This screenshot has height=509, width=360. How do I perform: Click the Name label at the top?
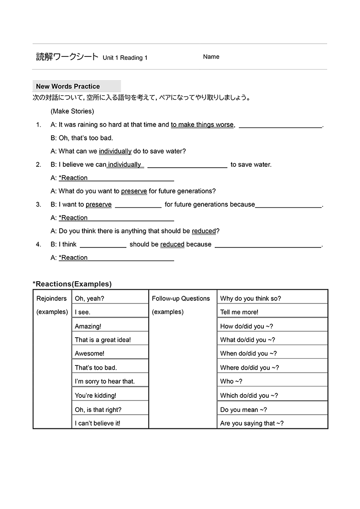[x=211, y=57]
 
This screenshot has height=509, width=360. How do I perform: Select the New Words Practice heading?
[x=68, y=86]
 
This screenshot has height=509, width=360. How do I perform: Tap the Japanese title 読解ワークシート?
[x=67, y=57]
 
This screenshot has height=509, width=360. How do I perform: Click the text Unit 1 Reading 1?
[x=125, y=58]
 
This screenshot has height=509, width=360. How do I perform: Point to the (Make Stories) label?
[x=72, y=111]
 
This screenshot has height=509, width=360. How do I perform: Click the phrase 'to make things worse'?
[x=202, y=125]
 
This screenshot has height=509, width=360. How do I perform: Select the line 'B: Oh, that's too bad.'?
[x=82, y=138]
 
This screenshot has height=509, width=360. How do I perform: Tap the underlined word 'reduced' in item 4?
[x=172, y=245]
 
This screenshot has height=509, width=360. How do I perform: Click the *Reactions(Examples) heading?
[x=72, y=284]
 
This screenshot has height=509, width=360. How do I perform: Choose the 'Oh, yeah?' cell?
[x=90, y=298]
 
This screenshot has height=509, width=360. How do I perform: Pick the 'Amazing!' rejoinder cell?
[x=88, y=326]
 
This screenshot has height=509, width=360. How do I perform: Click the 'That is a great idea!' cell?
[x=103, y=340]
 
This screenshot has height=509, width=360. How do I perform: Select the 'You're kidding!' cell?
[x=95, y=396]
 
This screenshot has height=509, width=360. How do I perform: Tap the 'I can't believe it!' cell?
[x=98, y=423]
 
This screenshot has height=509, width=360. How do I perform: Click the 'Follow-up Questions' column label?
[x=181, y=298]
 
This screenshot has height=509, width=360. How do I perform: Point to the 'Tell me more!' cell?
[x=239, y=312]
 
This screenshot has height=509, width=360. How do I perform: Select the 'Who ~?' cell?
[x=231, y=381]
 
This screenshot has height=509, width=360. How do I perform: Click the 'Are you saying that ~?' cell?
[x=252, y=423]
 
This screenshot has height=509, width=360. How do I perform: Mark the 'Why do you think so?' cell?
[x=251, y=298]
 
